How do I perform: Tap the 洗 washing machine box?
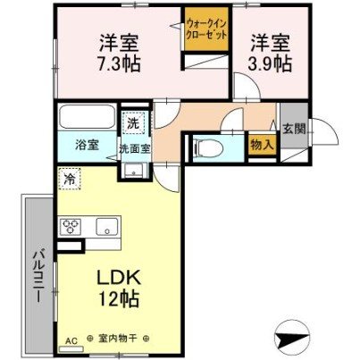[131, 121]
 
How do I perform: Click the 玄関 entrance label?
[293, 128]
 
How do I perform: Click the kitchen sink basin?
[105, 226]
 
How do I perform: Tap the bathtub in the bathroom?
[85, 119]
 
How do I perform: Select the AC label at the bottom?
[71, 340]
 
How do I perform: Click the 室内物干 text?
[120, 340]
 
